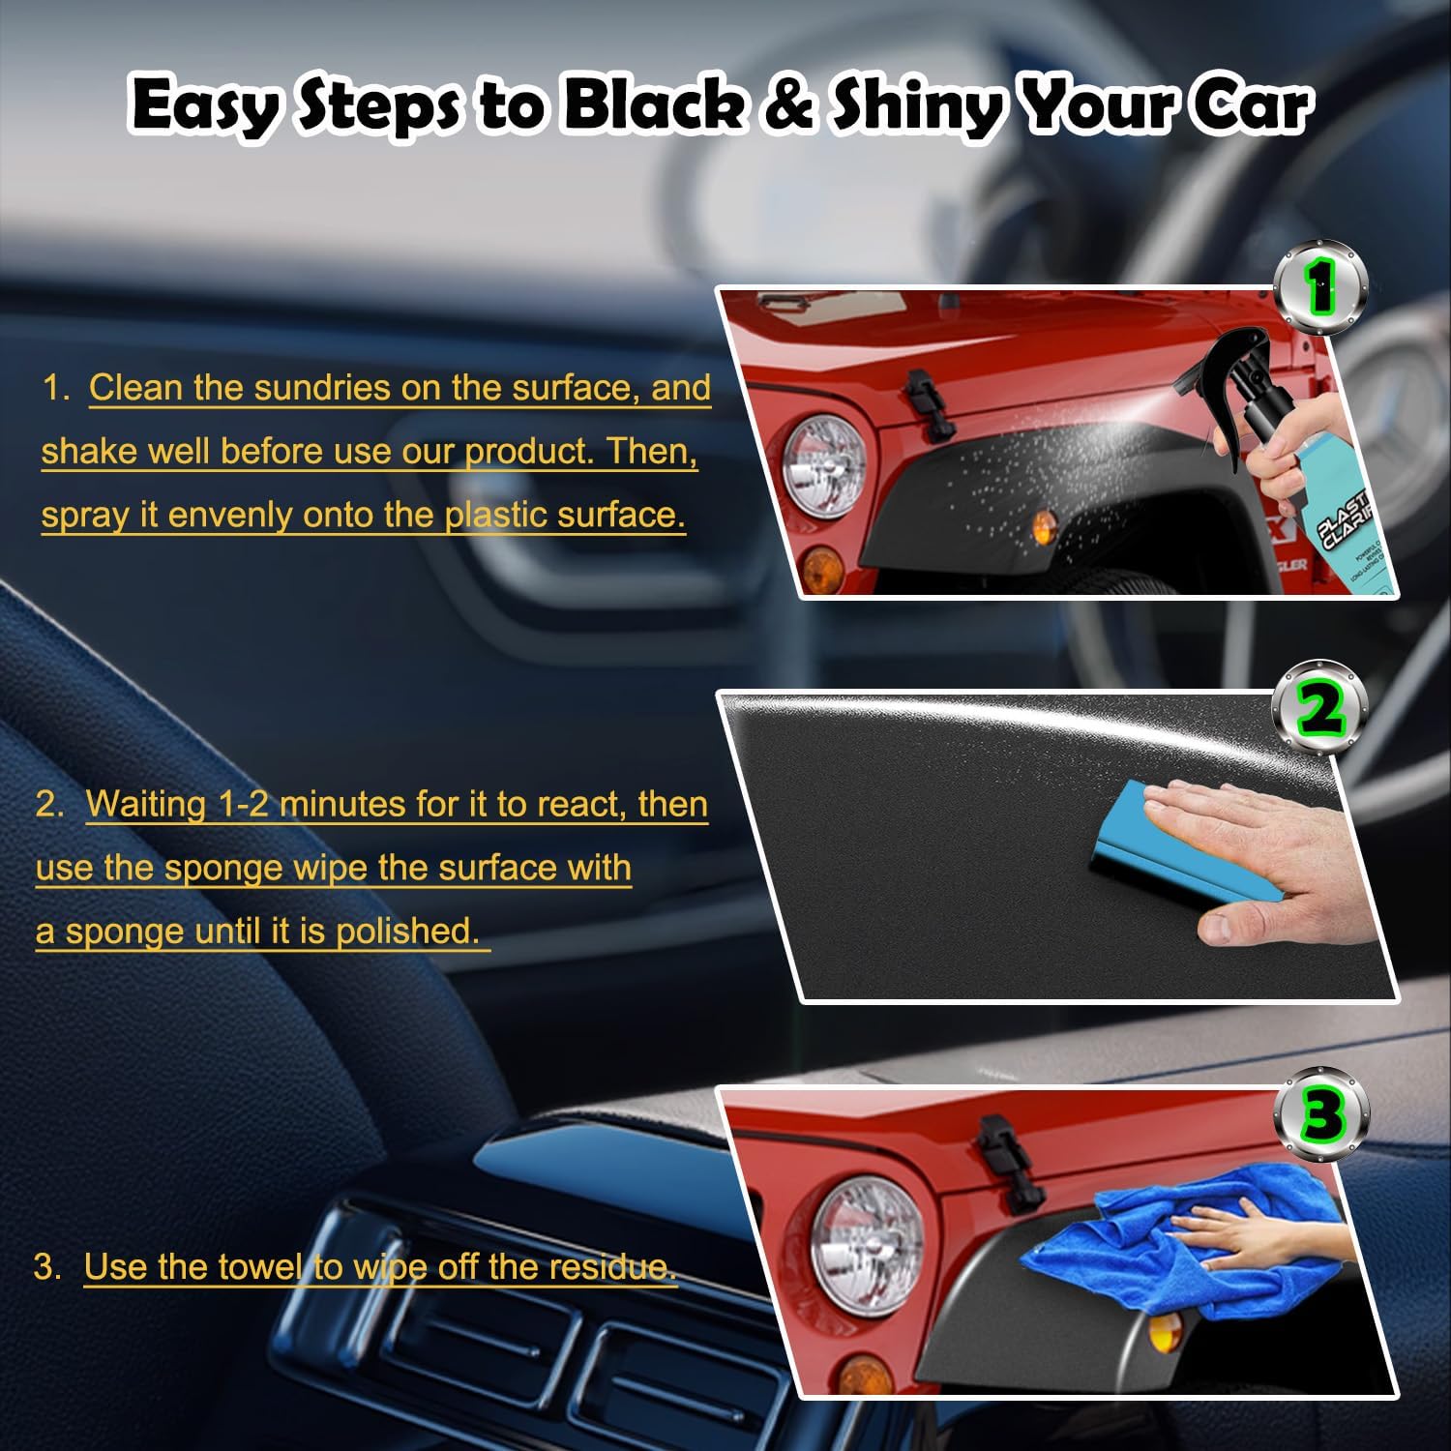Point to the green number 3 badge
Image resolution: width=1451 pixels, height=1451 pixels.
click(1321, 1115)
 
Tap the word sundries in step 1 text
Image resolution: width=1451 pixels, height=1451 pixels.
click(320, 388)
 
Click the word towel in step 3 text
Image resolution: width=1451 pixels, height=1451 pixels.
click(260, 1266)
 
